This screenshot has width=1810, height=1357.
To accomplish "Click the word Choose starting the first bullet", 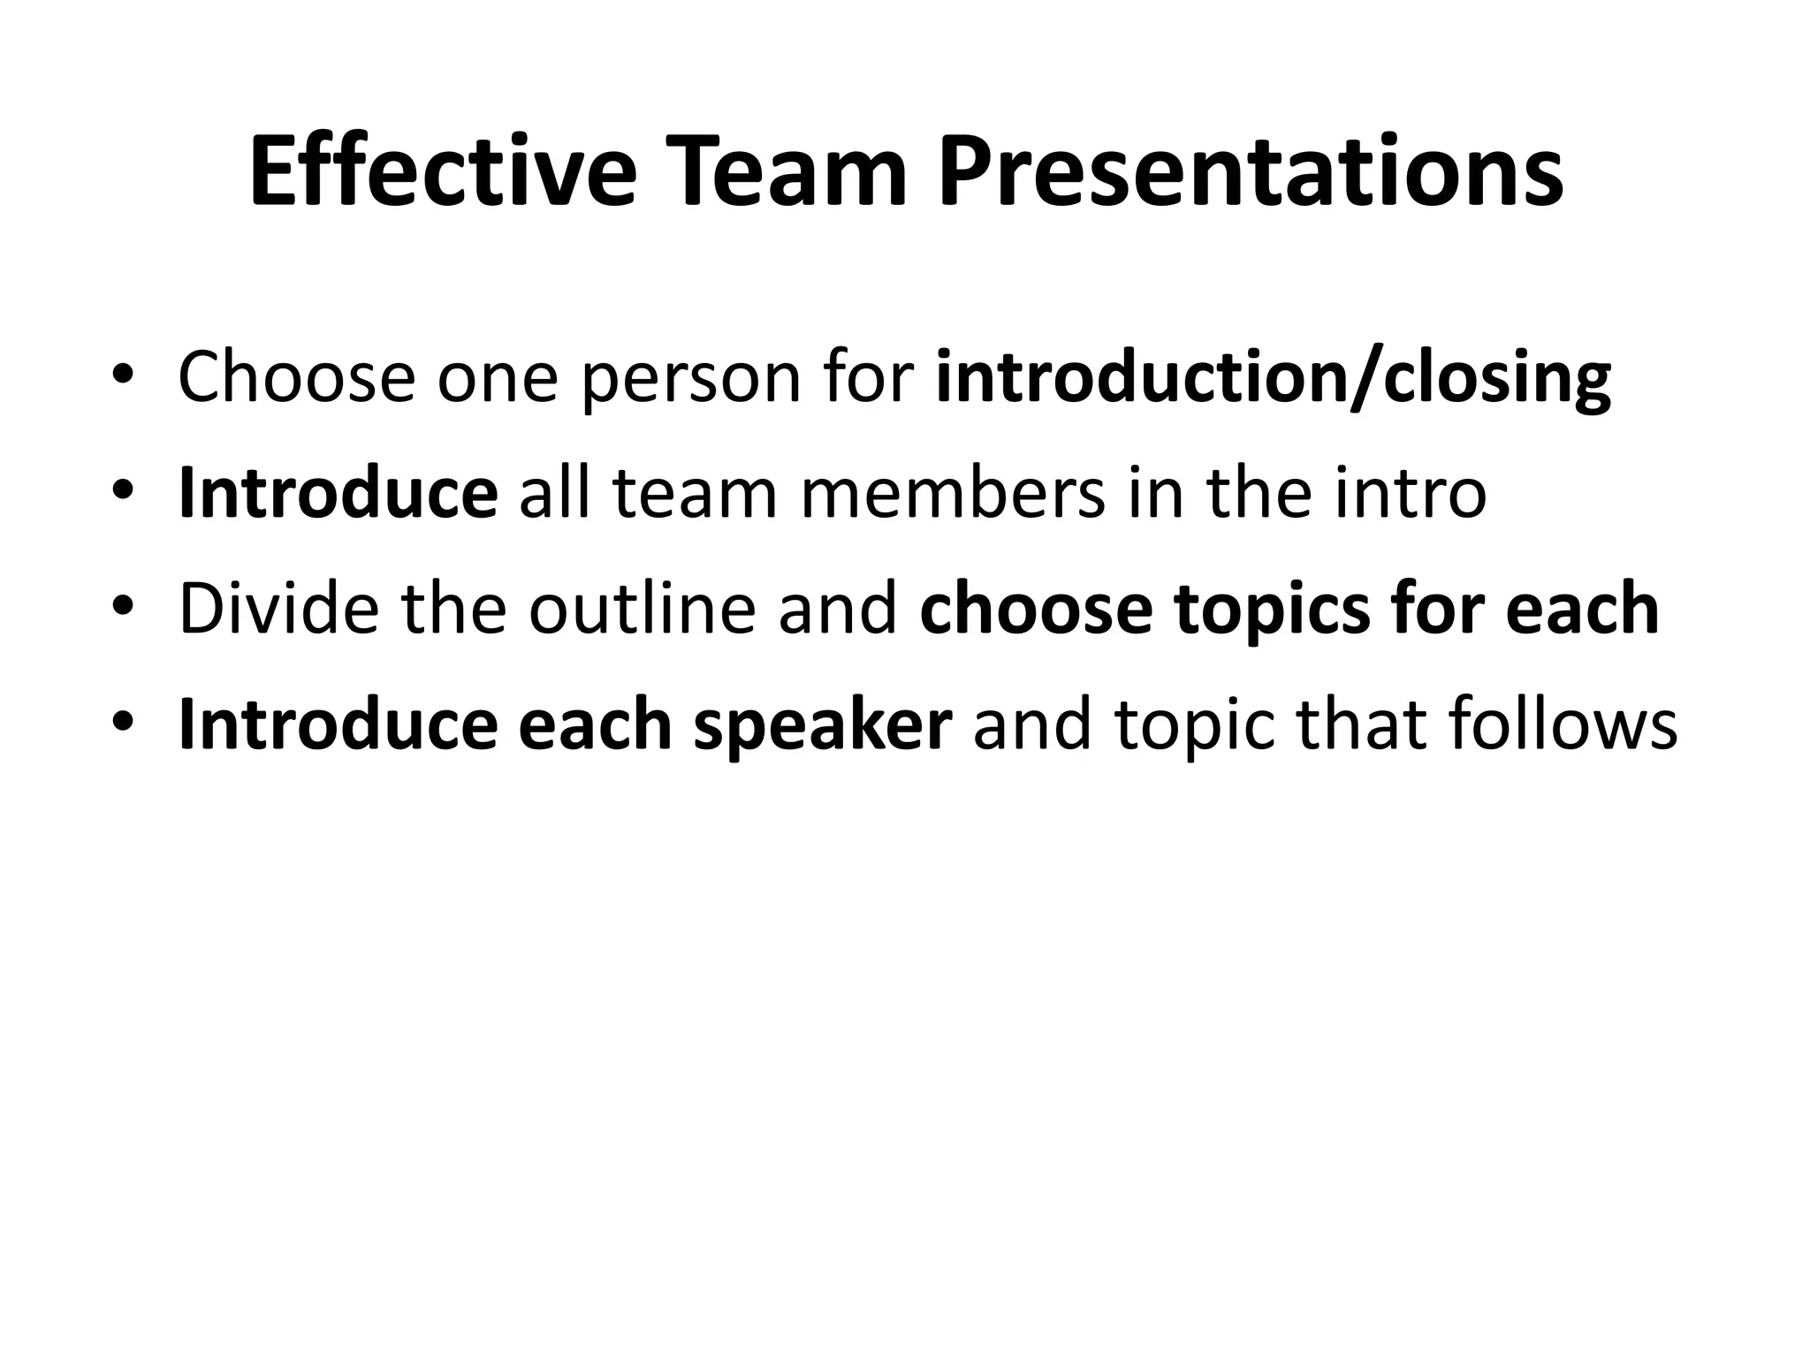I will coord(296,377).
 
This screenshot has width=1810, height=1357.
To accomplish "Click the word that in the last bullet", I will coord(1356,724).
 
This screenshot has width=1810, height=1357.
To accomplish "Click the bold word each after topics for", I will coord(1582,609).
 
